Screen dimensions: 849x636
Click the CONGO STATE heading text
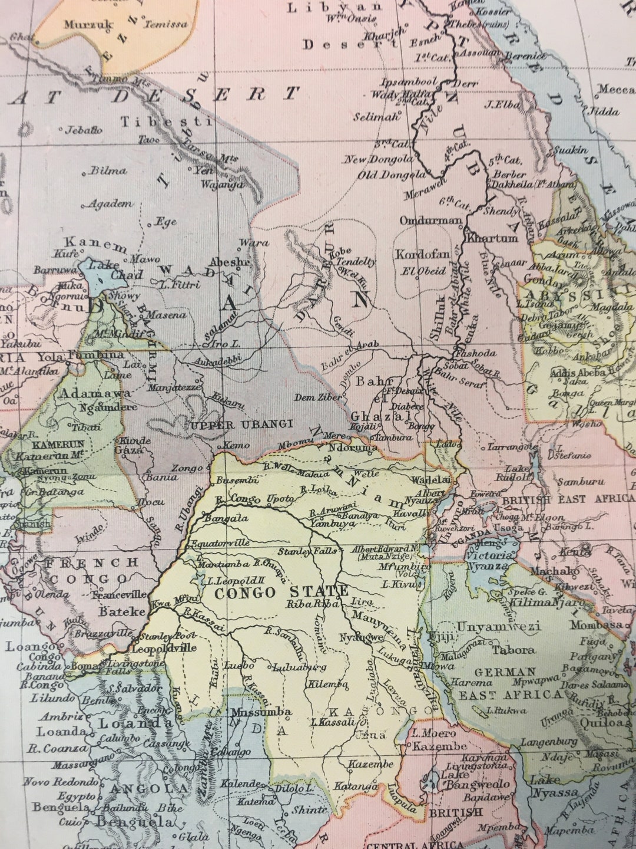pos(281,592)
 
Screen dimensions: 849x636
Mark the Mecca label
pos(616,90)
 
